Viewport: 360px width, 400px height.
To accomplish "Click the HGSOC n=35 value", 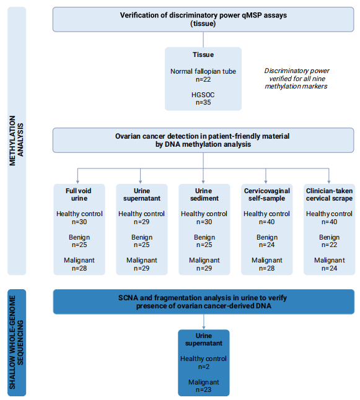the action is coord(203,98).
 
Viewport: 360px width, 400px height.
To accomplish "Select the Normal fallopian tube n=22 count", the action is coord(203,76).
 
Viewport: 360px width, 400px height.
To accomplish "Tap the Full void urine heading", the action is coord(79,194).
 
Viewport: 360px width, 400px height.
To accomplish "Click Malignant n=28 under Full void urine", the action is coord(79,264).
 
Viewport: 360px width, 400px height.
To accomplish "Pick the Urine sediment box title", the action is coord(204,194).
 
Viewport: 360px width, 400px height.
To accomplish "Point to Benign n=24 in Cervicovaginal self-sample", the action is coord(267,241).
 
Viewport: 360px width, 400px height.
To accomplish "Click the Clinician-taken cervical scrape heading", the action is coord(330,194).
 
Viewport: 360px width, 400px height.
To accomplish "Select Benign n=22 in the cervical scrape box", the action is coord(330,241).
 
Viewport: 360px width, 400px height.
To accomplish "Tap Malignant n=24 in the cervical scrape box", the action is coord(330,264).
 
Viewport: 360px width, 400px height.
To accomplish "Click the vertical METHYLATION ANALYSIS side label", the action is coord(16,141).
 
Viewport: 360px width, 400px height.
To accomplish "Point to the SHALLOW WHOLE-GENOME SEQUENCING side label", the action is coord(16,342).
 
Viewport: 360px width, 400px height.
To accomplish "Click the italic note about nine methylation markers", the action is coord(296,79).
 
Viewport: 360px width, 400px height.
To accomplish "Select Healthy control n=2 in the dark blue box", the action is coord(203,363).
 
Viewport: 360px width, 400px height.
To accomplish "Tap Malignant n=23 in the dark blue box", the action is coord(203,386).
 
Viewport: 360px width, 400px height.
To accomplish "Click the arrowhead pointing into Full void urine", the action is coord(77,182).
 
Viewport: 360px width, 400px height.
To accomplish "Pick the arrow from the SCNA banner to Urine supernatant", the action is coord(203,322).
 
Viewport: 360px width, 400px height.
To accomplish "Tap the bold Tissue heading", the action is coord(203,54).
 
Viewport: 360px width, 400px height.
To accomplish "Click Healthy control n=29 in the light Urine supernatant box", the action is coord(141,218).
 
